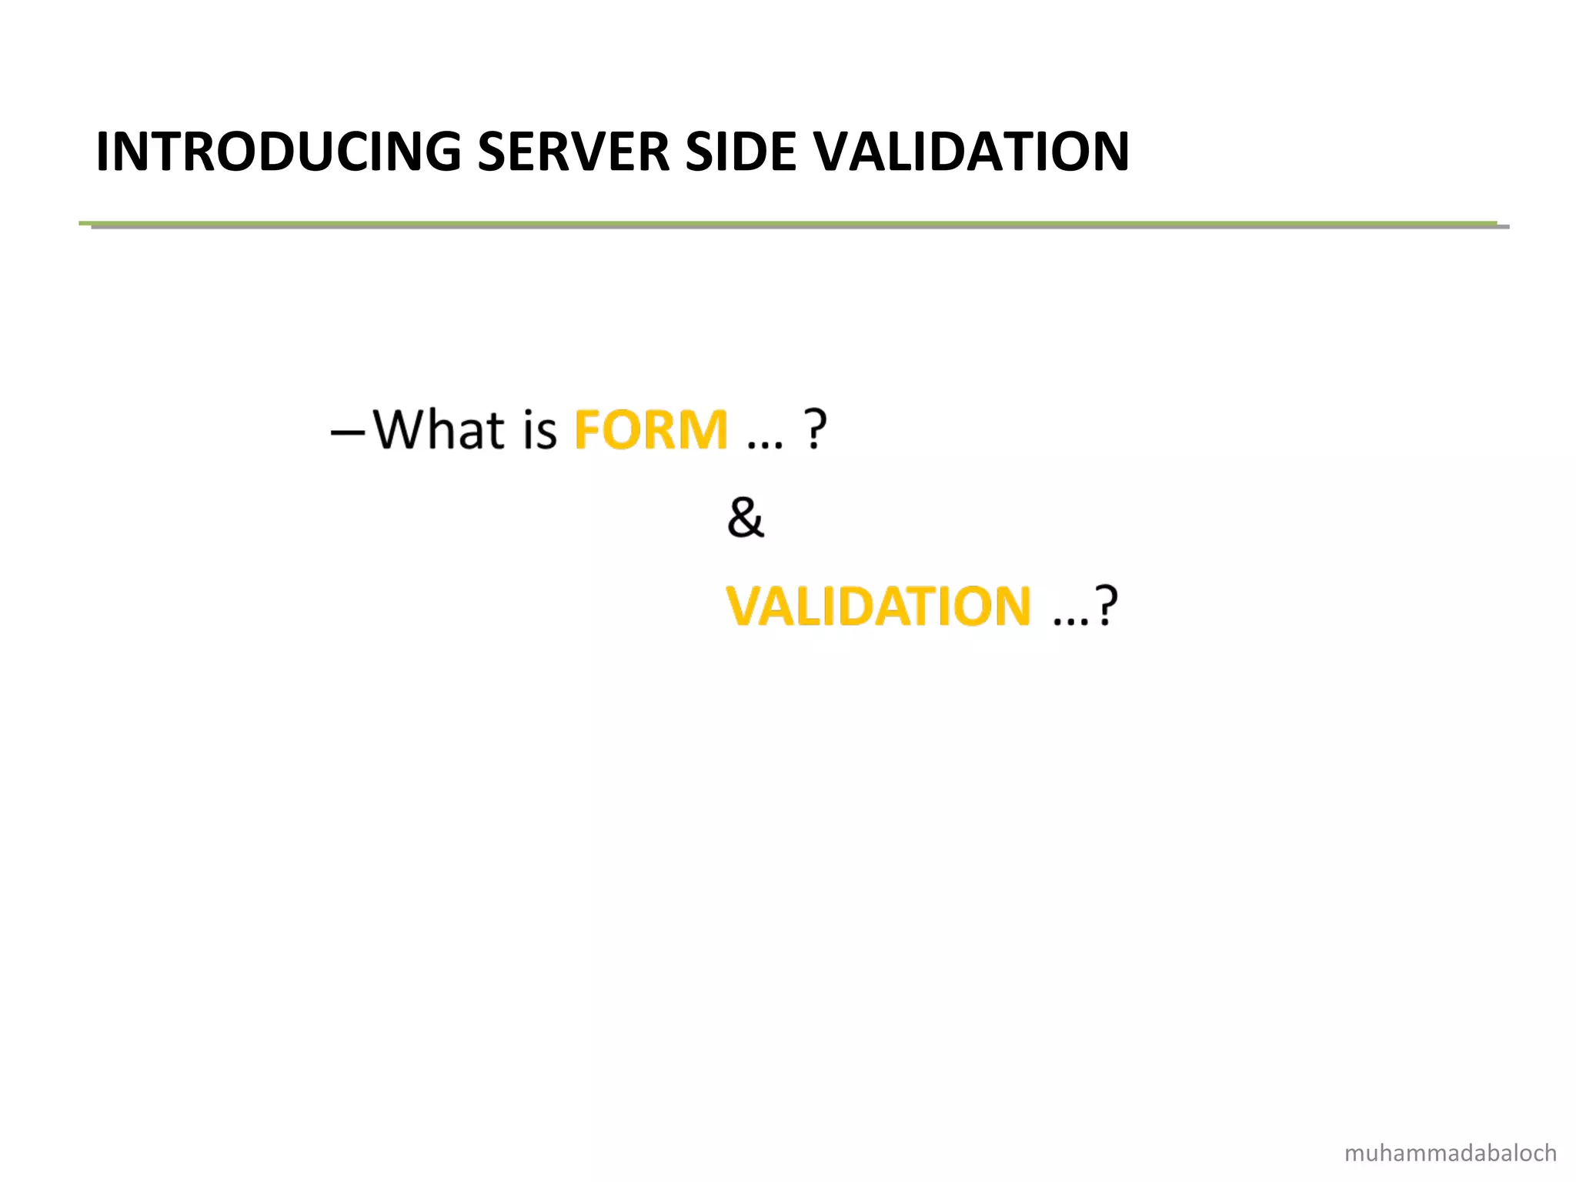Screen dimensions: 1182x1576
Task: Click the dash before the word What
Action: pyautogui.click(x=348, y=432)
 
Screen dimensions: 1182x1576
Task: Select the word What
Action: pyautogui.click(x=439, y=429)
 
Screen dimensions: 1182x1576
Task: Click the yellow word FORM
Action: pyautogui.click(x=651, y=429)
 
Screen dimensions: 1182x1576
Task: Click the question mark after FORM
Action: pyautogui.click(x=815, y=429)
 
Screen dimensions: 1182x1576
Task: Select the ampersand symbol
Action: pyautogui.click(x=745, y=517)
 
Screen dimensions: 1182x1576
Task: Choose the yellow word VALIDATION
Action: pyautogui.click(x=878, y=606)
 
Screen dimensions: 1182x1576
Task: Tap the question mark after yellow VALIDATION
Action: pyautogui.click(x=1106, y=606)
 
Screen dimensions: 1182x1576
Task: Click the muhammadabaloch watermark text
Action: pyautogui.click(x=1450, y=1153)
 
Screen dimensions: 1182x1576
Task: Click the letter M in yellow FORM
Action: pyautogui.click(x=703, y=429)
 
